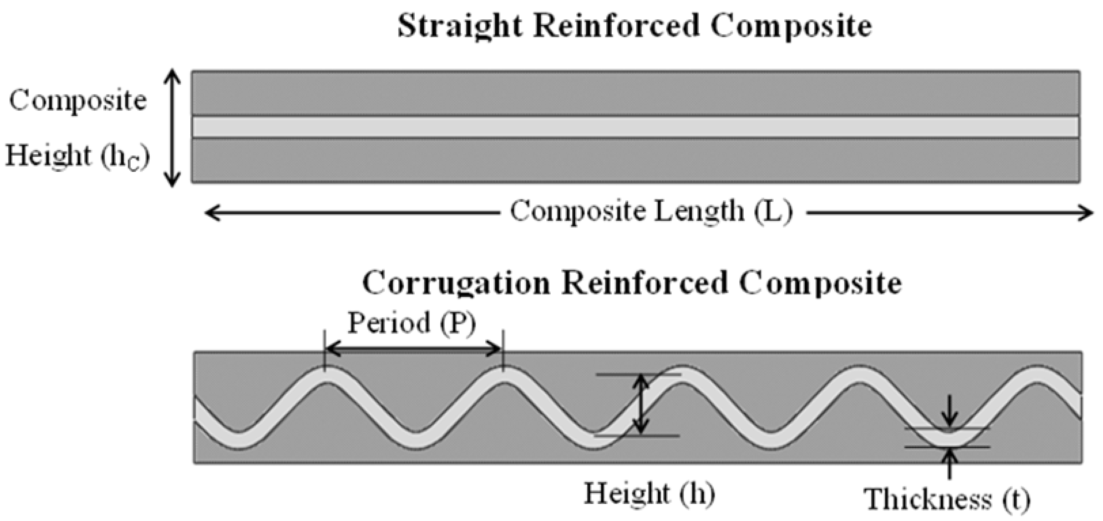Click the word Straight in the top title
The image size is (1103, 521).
[460, 27]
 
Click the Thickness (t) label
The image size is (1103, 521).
[947, 499]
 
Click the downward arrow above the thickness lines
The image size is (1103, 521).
[950, 412]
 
